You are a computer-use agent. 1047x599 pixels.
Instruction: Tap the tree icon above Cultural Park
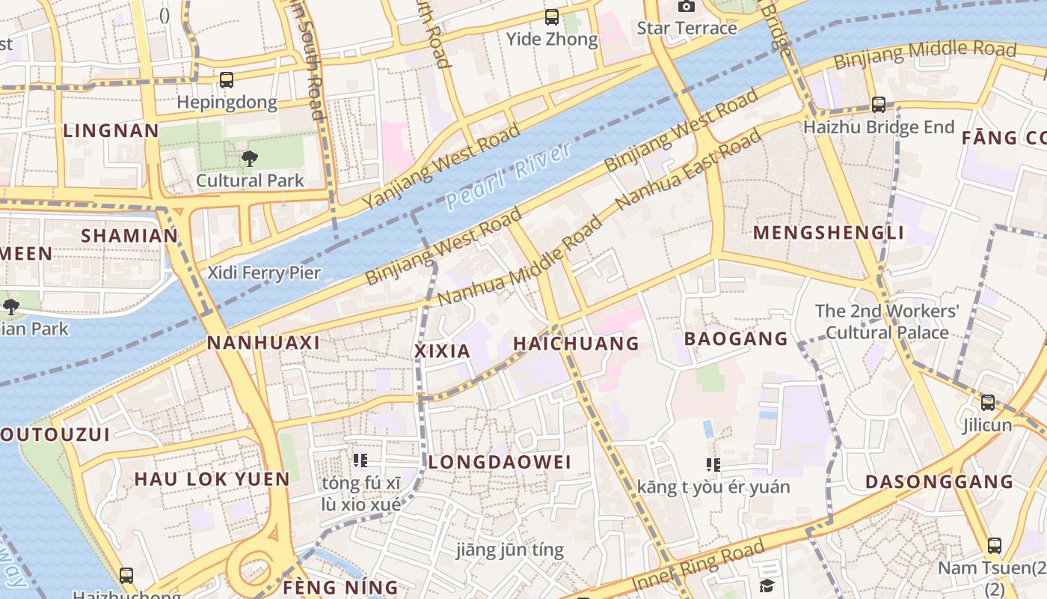pos(249,158)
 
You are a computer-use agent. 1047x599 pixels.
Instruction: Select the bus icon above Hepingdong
pos(227,79)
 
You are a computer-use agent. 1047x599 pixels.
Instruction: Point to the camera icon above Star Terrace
pos(686,6)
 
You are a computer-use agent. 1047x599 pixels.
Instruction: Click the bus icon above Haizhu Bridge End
pos(879,105)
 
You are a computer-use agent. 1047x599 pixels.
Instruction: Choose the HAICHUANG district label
pos(576,344)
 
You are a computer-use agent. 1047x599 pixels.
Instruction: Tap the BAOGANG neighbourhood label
pos(736,338)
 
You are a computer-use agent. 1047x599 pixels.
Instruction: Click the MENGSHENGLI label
pos(829,232)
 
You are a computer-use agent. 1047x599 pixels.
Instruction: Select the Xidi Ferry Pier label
pos(264,273)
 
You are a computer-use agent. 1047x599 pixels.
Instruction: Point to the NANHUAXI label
pos(263,343)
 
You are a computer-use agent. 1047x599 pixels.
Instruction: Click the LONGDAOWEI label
pos(500,462)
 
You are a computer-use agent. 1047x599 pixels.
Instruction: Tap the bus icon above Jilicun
pos(988,403)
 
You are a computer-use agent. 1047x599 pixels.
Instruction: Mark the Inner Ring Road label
pos(698,567)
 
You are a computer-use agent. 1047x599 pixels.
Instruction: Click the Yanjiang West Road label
pos(441,167)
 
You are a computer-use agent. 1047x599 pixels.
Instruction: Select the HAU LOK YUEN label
pos(212,479)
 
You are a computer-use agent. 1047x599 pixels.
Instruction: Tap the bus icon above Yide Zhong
pos(552,16)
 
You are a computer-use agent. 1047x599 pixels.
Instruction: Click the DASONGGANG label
pos(939,481)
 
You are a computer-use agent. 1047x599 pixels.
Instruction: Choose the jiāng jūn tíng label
pos(510,550)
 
